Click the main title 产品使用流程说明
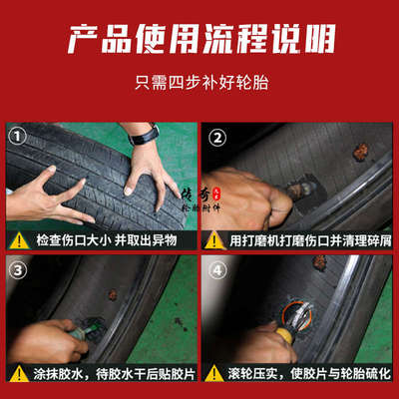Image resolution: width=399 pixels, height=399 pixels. coord(199,43)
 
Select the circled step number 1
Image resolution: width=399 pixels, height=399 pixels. coord(17,136)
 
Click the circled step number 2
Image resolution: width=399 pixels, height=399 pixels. coord(217,136)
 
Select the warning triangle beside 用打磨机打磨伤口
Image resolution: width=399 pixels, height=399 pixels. coord(213,239)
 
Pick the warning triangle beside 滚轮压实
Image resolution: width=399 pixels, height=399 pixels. coord(213,377)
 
